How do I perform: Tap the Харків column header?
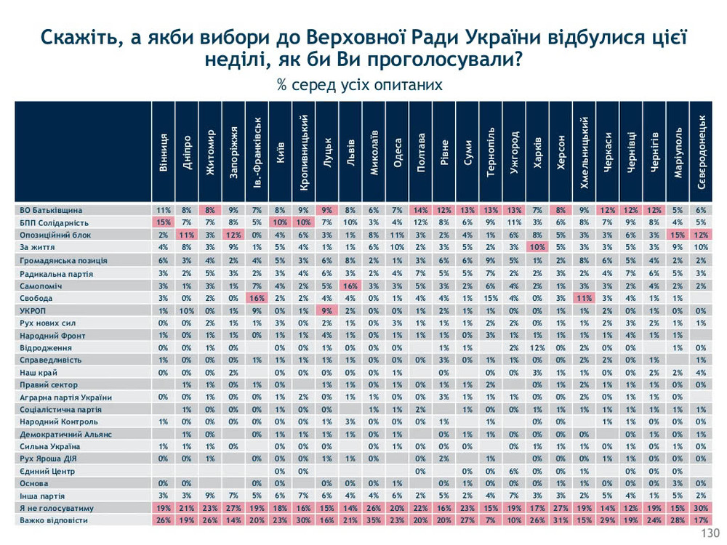tap(537, 153)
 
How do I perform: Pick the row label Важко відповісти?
tap(53, 521)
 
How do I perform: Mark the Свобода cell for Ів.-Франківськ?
tap(257, 297)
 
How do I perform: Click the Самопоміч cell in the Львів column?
tap(350, 285)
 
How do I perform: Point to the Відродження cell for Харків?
tap(537, 347)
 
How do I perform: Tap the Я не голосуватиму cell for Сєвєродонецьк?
tap(701, 509)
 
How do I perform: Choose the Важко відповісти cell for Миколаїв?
tap(374, 521)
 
